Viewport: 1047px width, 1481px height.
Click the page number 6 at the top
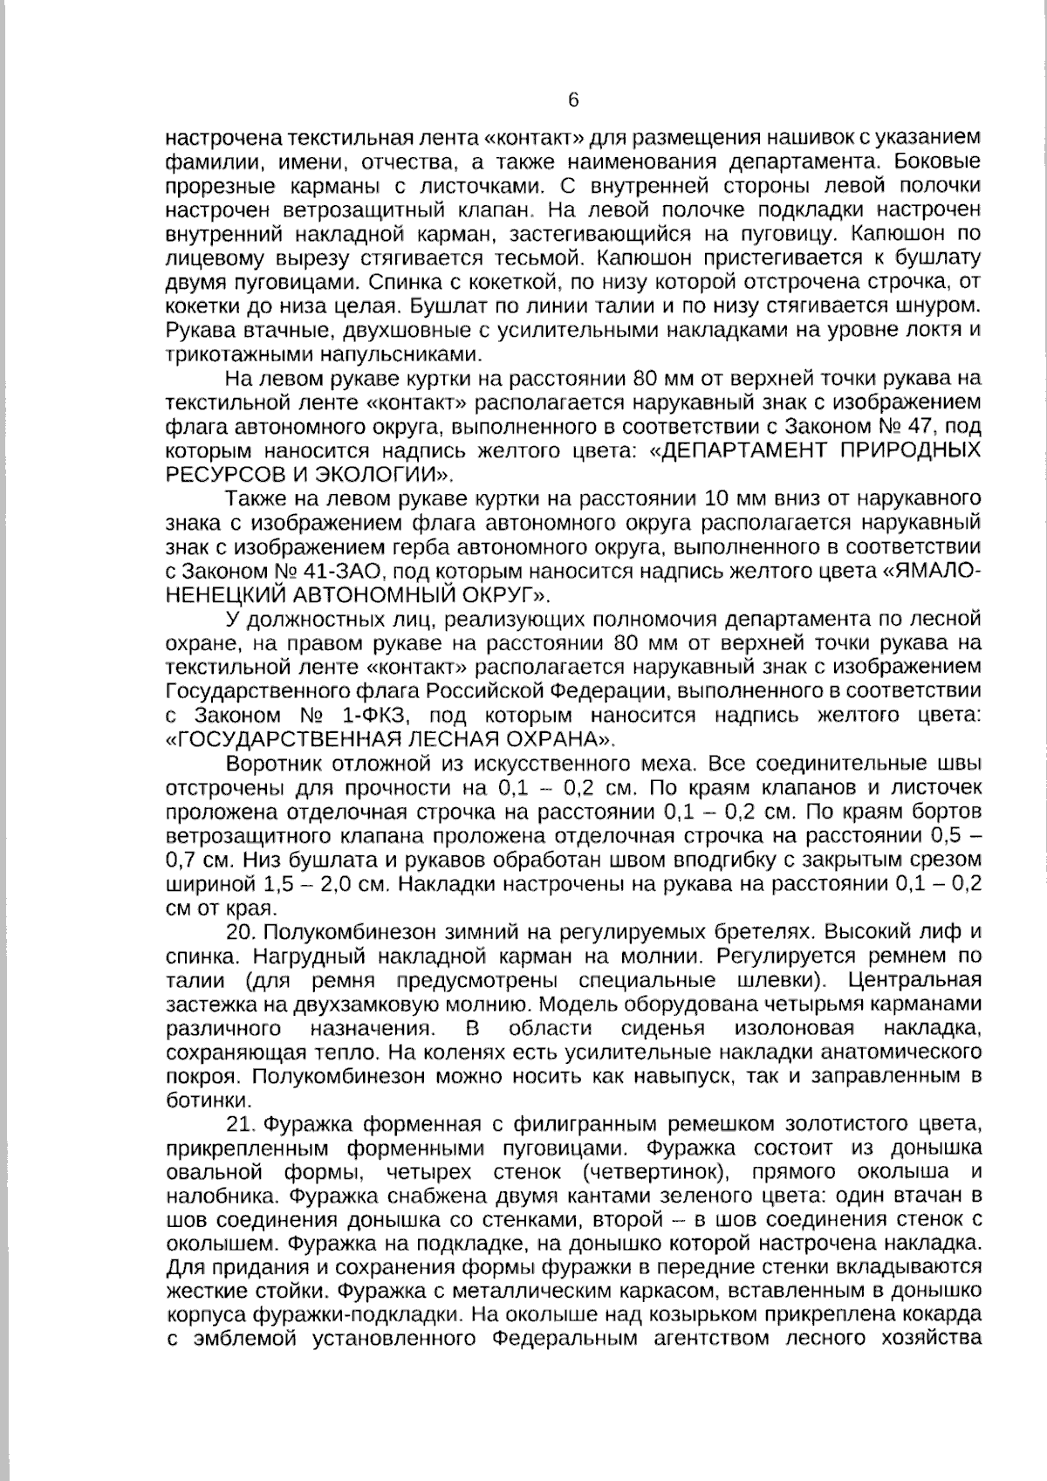coord(573,99)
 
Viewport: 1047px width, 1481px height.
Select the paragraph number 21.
coord(239,1123)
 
